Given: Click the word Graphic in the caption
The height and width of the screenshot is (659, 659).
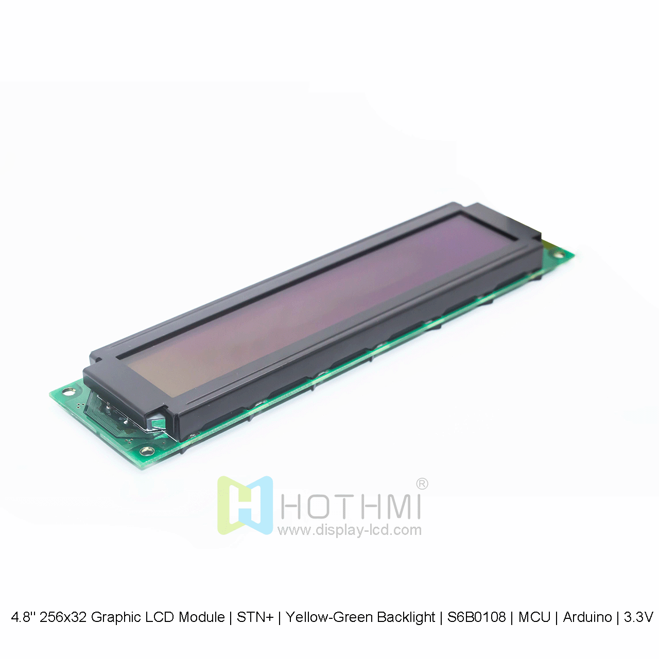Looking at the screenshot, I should tap(113, 617).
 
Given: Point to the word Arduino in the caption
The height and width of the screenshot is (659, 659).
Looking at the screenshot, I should tap(587, 617).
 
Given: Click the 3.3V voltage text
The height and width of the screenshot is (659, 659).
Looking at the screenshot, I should tap(638, 617).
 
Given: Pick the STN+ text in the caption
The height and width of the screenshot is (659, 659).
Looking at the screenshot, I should tap(255, 617).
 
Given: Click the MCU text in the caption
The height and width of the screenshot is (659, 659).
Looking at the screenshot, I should tap(534, 617).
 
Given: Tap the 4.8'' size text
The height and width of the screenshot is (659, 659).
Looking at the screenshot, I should tap(24, 617).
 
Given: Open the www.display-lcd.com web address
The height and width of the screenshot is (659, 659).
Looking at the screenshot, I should tap(350, 530).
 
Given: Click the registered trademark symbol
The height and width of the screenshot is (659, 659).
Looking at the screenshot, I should tap(422, 484).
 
